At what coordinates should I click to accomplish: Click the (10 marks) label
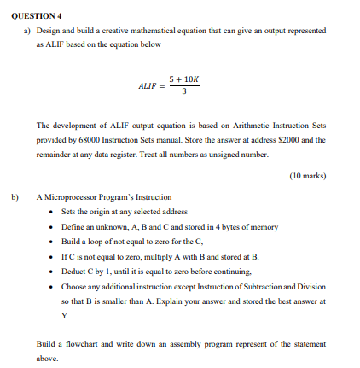[x=308, y=175]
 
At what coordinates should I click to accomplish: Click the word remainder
[x=53, y=154]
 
